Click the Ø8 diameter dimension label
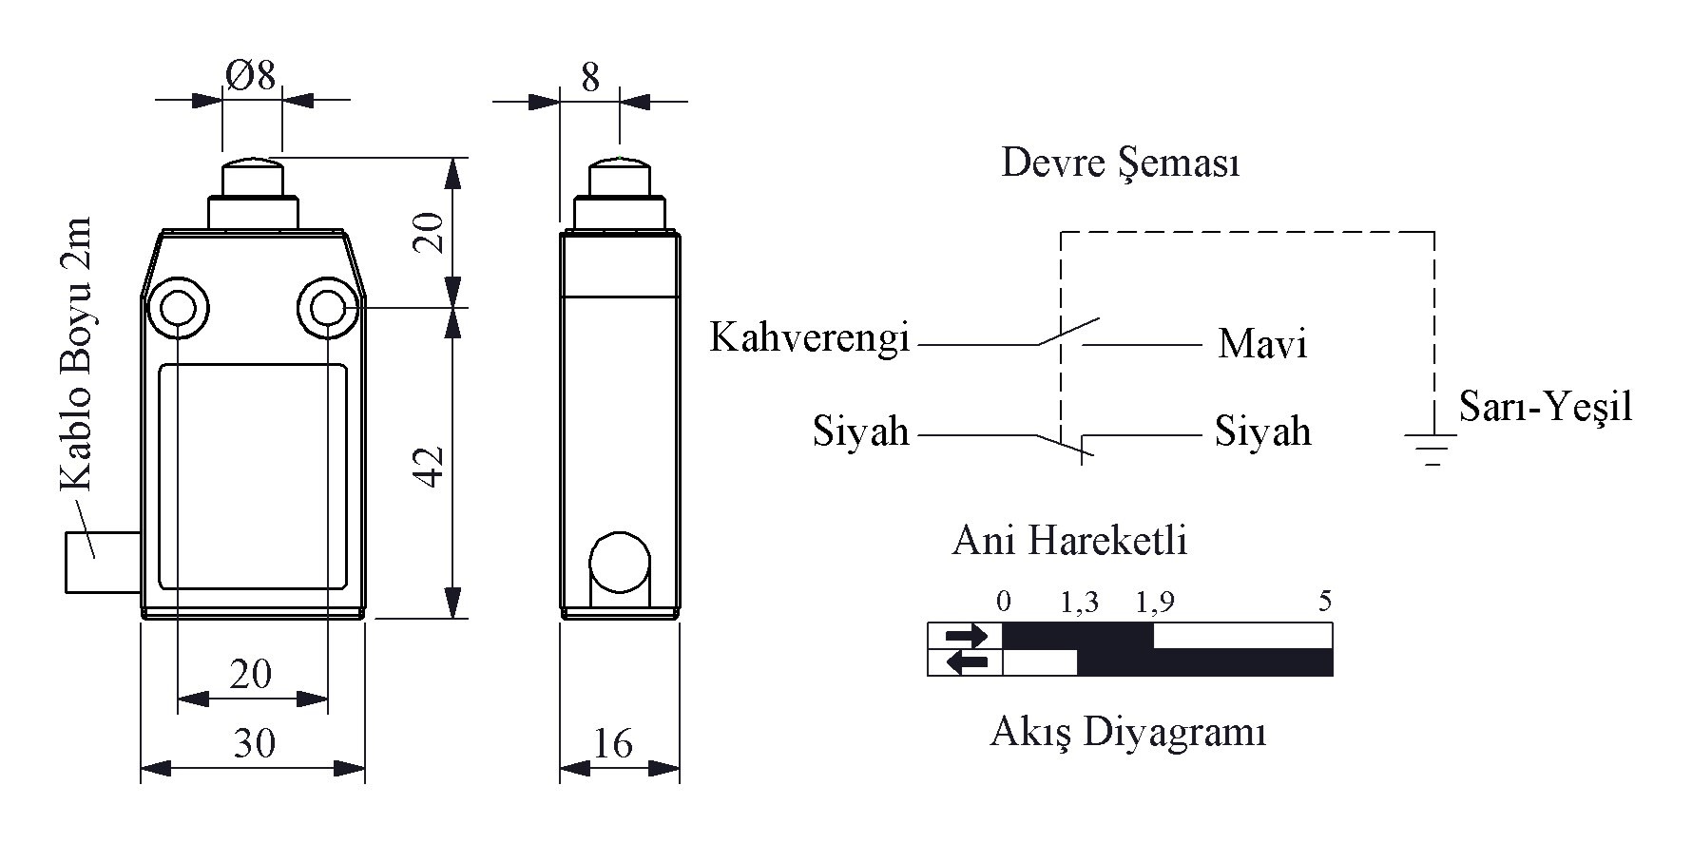click(x=252, y=75)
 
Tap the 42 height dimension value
click(x=432, y=465)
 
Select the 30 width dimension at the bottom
click(x=254, y=743)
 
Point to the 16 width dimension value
click(x=613, y=743)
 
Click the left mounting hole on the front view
click(x=179, y=308)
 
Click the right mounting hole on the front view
click(x=328, y=308)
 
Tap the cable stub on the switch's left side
click(x=103, y=563)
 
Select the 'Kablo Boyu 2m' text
click(x=75, y=354)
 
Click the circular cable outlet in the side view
click(x=620, y=563)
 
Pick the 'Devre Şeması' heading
click(x=1121, y=163)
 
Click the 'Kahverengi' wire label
click(x=810, y=338)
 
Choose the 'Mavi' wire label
click(x=1262, y=343)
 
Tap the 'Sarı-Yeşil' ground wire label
click(x=1546, y=407)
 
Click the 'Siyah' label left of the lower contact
click(x=861, y=431)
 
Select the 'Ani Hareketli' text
click(x=1069, y=541)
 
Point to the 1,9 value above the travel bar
click(x=1155, y=602)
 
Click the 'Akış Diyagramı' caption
click(x=1128, y=733)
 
